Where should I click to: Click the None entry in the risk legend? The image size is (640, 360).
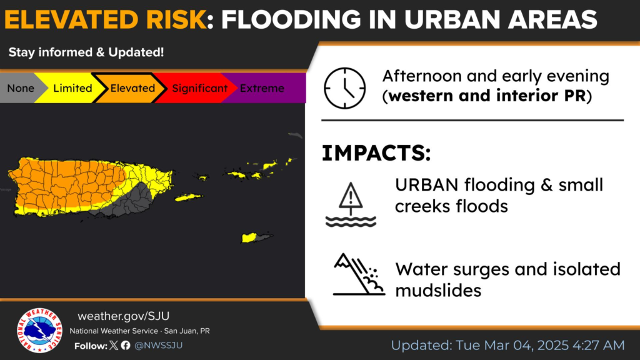point(21,88)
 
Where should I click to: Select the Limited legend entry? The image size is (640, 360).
point(72,88)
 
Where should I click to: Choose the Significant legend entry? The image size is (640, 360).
point(199,88)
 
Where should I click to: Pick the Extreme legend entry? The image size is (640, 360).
point(262,88)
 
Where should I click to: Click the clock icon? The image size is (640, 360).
point(344,88)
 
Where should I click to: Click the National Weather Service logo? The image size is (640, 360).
point(39,330)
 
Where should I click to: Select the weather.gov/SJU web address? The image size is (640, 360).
point(123,316)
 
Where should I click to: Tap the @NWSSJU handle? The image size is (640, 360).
point(158,345)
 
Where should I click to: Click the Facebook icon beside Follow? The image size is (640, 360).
point(126,345)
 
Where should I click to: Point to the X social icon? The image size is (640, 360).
point(114,345)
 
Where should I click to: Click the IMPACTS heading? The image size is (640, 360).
point(376,153)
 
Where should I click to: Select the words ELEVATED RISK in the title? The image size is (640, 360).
point(106,19)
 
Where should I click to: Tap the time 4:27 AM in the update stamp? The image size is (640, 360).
point(598,345)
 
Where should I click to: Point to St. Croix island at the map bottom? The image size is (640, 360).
point(257,237)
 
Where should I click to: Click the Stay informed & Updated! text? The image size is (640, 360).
point(86,52)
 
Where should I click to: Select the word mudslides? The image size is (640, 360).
point(438,291)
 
